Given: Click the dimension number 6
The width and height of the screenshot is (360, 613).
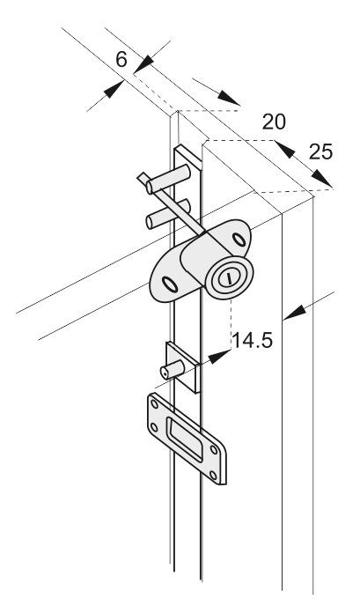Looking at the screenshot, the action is click(x=121, y=60).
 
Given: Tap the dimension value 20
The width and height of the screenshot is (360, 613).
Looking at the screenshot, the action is click(x=274, y=122).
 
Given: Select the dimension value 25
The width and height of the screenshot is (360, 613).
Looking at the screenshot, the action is click(x=320, y=151).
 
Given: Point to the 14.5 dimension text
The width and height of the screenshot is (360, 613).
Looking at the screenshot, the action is click(x=252, y=341).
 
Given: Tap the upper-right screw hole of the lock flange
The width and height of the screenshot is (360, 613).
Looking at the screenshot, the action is click(x=238, y=239).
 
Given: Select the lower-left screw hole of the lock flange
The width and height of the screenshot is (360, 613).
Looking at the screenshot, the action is click(x=171, y=284).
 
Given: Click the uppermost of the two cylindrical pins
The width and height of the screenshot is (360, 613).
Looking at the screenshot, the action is click(x=168, y=179).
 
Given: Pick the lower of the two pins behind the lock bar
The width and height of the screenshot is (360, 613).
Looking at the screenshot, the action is click(x=165, y=216).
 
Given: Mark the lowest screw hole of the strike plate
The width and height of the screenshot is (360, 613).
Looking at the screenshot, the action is click(x=213, y=476).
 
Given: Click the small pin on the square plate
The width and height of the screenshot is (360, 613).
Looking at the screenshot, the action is click(x=172, y=369).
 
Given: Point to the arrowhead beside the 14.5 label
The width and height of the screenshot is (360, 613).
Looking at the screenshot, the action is click(x=219, y=356).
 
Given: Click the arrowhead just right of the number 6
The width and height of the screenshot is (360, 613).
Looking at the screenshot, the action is click(x=143, y=63).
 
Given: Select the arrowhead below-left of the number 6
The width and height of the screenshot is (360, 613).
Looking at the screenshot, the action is click(x=114, y=90).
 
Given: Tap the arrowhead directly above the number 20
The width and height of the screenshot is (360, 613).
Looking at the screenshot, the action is click(x=229, y=98).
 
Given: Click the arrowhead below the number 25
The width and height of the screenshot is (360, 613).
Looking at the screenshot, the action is click(x=321, y=179).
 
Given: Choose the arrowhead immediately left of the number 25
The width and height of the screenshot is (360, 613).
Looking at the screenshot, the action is click(x=284, y=149).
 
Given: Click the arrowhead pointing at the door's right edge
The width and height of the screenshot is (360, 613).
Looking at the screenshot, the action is click(x=294, y=314).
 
